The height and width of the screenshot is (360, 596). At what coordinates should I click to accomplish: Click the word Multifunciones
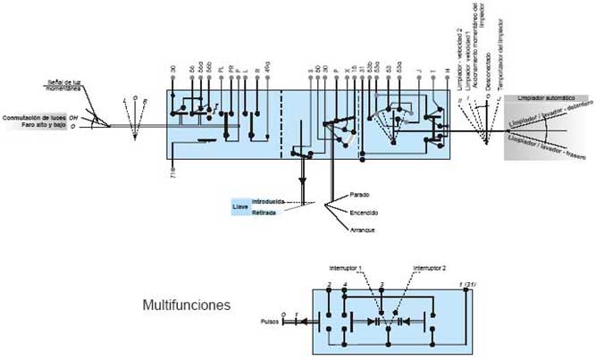click(187, 306)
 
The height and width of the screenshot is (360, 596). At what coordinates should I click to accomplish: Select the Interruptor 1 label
click(346, 267)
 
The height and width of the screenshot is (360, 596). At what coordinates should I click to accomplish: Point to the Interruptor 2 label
click(430, 267)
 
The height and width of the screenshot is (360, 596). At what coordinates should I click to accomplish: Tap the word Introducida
click(268, 202)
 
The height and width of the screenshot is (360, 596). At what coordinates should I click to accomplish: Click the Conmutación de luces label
click(35, 118)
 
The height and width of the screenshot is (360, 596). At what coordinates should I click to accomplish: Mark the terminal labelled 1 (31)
click(466, 285)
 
